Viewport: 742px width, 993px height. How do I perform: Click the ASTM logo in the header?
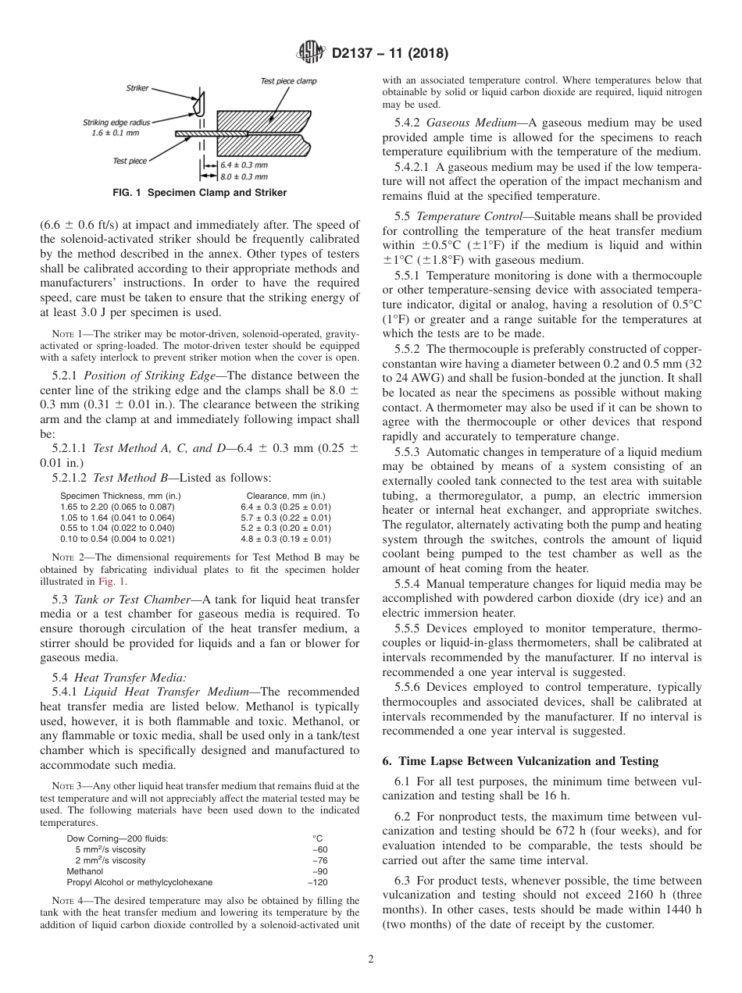(x=312, y=53)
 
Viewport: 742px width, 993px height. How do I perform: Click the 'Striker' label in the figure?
(x=137, y=89)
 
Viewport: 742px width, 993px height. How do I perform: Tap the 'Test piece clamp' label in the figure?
(x=288, y=81)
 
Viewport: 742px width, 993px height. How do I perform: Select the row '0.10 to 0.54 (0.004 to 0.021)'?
(x=117, y=538)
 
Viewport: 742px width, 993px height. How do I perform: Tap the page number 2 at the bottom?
(x=371, y=959)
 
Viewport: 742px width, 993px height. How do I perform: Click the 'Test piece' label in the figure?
(x=130, y=161)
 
